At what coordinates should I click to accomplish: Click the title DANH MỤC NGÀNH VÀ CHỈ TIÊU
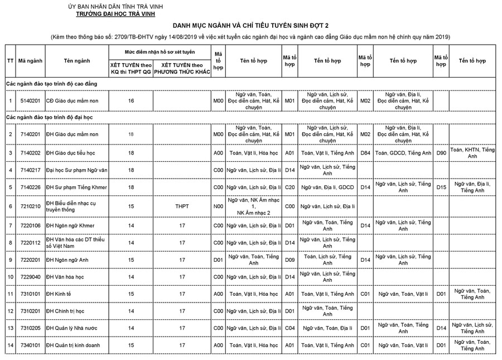pyautogui.click(x=250, y=26)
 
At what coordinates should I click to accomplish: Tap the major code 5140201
pyautogui.click(x=29, y=101)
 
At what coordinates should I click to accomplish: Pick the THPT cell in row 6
pyautogui.click(x=181, y=207)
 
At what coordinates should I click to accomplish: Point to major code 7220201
pyautogui.click(x=29, y=260)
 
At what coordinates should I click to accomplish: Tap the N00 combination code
pyautogui.click(x=218, y=207)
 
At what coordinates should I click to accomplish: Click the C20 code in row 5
pyautogui.click(x=289, y=187)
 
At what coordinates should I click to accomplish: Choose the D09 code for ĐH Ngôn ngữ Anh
pyautogui.click(x=289, y=260)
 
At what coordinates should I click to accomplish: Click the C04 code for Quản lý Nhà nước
pyautogui.click(x=289, y=328)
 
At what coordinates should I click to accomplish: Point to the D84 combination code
pyautogui.click(x=365, y=152)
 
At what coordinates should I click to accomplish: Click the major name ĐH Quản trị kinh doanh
pyautogui.click(x=73, y=345)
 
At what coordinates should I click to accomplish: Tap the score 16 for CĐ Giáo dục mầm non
pyautogui.click(x=131, y=101)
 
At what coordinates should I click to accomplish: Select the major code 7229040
pyautogui.click(x=29, y=277)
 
